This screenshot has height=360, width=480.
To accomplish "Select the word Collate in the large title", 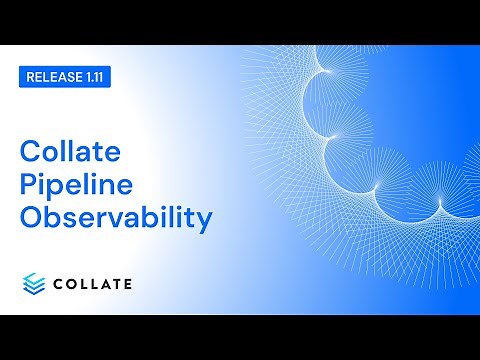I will (x=70, y=152).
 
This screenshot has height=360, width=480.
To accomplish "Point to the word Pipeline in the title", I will (x=76, y=185).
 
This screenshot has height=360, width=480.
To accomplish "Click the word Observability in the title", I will (x=116, y=218).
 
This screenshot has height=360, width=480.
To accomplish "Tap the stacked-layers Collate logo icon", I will (x=35, y=284).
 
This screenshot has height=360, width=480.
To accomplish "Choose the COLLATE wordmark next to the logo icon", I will (x=92, y=285).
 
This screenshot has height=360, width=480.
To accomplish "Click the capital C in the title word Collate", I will (x=31, y=152).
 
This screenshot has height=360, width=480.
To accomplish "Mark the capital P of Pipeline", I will (x=30, y=185).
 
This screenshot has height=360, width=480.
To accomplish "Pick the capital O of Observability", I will (x=32, y=218).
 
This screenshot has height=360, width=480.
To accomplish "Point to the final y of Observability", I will (x=204, y=222).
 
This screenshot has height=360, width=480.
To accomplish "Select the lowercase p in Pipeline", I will (x=59, y=189).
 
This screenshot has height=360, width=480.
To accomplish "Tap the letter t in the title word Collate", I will (x=98, y=152).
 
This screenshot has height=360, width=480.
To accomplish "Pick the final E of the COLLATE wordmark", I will (x=126, y=285).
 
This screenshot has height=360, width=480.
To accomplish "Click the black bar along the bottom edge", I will (x=240, y=337).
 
